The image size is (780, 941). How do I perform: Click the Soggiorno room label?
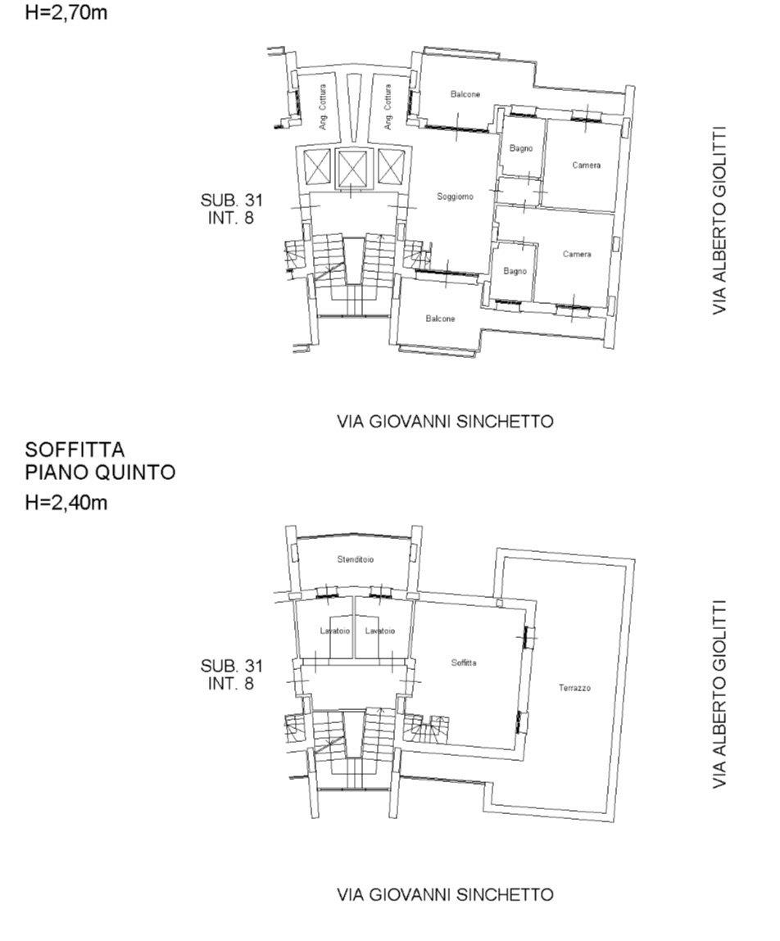(x=455, y=197)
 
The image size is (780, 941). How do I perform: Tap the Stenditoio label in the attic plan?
(x=356, y=559)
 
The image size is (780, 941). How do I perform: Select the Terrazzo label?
(x=574, y=688)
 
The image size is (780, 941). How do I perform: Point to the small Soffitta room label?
(x=464, y=663)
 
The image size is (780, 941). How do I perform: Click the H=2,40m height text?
(x=66, y=502)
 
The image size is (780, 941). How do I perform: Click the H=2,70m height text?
(x=66, y=12)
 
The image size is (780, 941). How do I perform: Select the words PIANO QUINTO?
(x=100, y=473)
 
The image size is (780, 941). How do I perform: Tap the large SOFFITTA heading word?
(x=75, y=450)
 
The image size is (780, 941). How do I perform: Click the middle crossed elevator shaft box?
(x=351, y=167)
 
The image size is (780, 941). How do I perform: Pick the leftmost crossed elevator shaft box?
(x=317, y=167)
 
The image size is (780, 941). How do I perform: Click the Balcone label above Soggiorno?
(x=465, y=94)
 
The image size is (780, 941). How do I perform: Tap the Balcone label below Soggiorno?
(x=440, y=319)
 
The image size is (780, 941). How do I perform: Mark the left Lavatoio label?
(x=334, y=631)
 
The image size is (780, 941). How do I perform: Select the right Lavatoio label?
(x=380, y=631)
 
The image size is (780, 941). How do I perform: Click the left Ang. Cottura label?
(x=323, y=106)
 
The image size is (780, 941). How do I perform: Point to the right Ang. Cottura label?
(x=388, y=106)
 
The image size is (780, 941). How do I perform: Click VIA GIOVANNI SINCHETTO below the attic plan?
(x=445, y=895)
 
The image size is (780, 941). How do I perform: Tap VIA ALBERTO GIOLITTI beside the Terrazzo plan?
(x=719, y=694)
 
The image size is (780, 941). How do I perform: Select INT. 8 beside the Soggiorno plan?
(x=231, y=683)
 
